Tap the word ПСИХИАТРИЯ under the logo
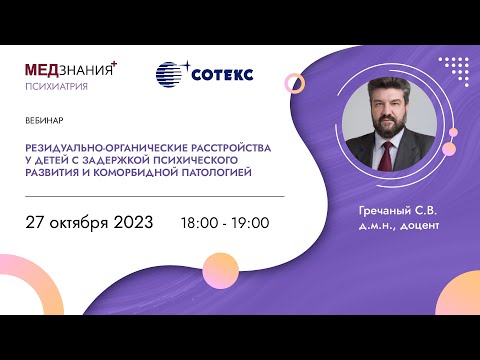coord(56,87)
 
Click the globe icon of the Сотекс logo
coord(171,75)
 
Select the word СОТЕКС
coord(220,75)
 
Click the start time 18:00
coord(198,223)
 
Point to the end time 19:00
coord(250,223)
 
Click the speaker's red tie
coord(390,157)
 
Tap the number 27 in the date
coord(38,222)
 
